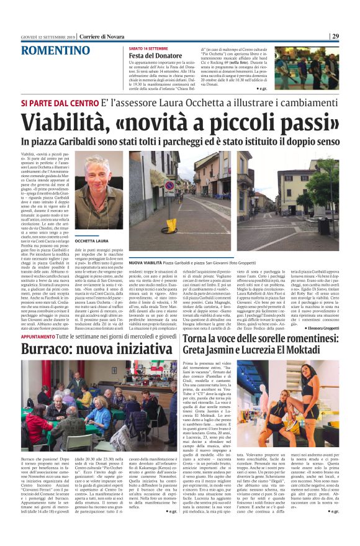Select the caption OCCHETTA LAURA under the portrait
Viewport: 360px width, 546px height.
click(92, 240)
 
